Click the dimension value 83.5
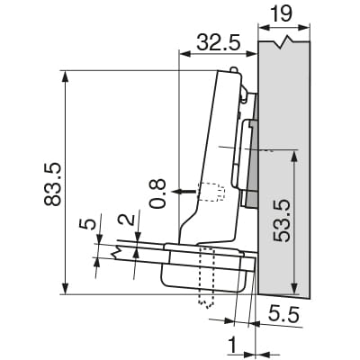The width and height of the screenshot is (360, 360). tap(53, 184)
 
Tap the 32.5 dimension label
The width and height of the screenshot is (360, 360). tap(219, 42)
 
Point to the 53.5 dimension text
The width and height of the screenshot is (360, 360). tap(282, 220)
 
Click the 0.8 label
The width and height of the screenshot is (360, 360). tap(158, 193)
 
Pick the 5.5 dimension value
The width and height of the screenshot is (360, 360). tap(283, 315)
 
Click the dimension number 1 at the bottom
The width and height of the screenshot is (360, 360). tap(234, 346)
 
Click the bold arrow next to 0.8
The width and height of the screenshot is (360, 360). tap(184, 191)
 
